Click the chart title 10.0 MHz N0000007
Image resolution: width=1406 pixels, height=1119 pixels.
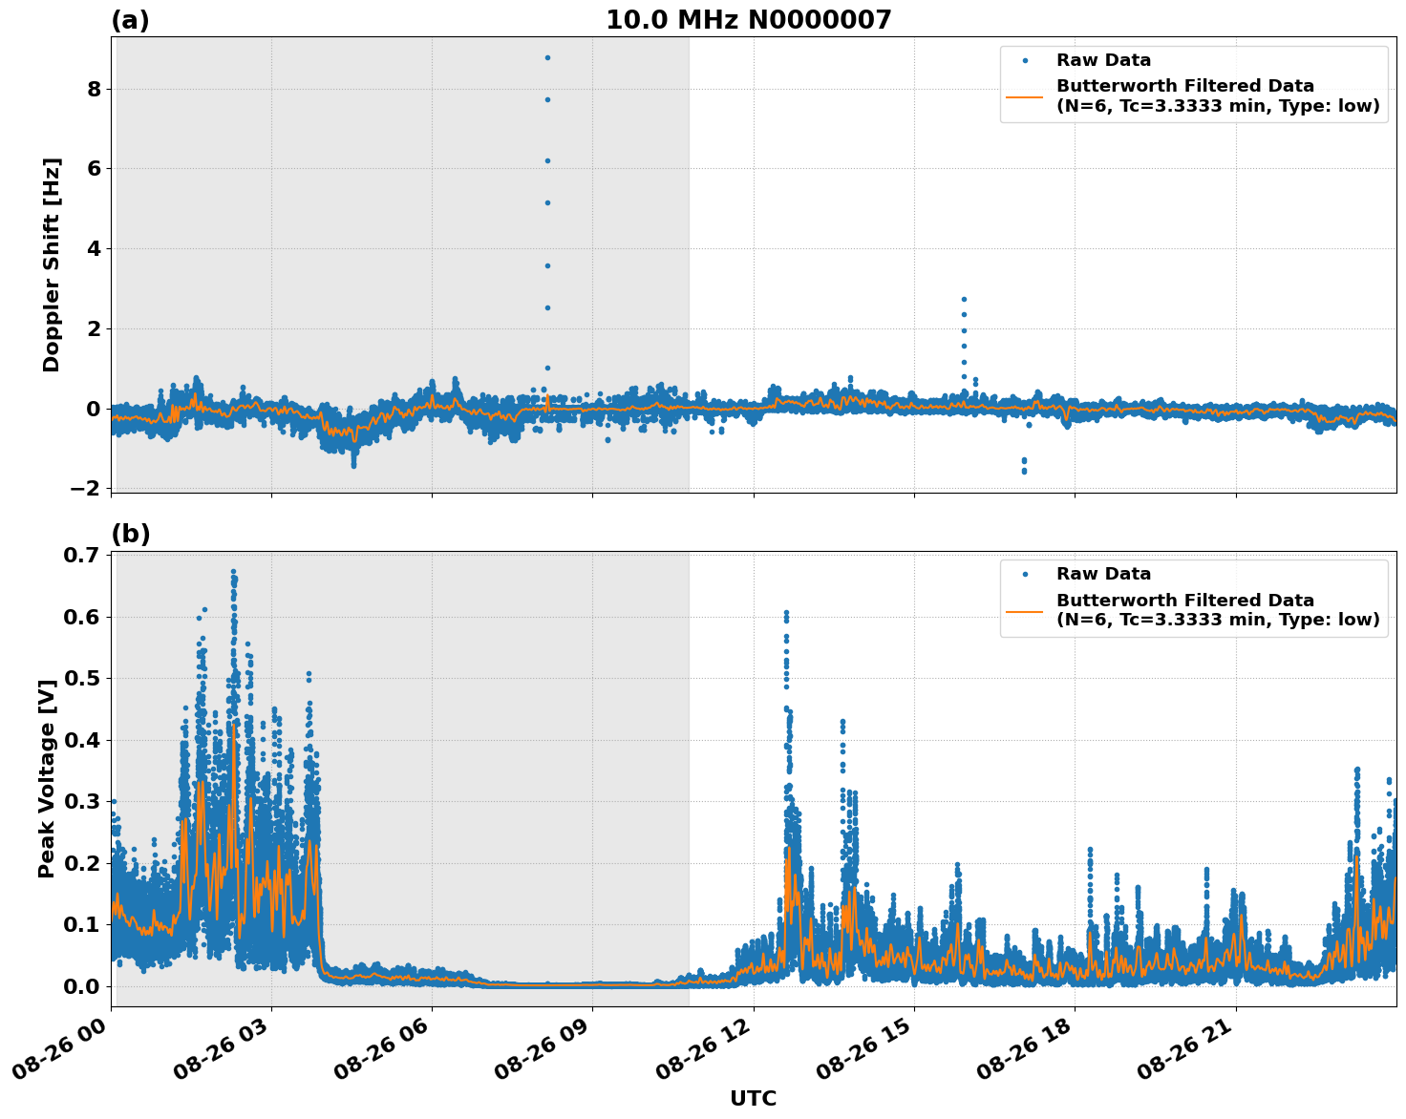coord(748,20)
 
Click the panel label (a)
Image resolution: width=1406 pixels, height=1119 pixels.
coord(130,20)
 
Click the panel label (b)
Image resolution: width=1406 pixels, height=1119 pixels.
coord(131,534)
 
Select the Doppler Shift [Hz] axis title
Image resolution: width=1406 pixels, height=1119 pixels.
coord(52,264)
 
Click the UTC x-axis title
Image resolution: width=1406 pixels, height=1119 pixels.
coord(753,1098)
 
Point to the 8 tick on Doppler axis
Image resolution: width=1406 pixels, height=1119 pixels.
coord(95,89)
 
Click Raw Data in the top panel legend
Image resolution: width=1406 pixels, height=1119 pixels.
coord(1103,61)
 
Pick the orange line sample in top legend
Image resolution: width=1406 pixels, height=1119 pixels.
coord(1024,95)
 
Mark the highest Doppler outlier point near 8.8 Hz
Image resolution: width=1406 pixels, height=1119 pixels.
coord(547,57)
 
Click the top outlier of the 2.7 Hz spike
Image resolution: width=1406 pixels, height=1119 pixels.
coord(964,299)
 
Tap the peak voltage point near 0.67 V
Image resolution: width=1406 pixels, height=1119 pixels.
coord(233,572)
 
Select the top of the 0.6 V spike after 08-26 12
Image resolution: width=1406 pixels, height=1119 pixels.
coord(786,612)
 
